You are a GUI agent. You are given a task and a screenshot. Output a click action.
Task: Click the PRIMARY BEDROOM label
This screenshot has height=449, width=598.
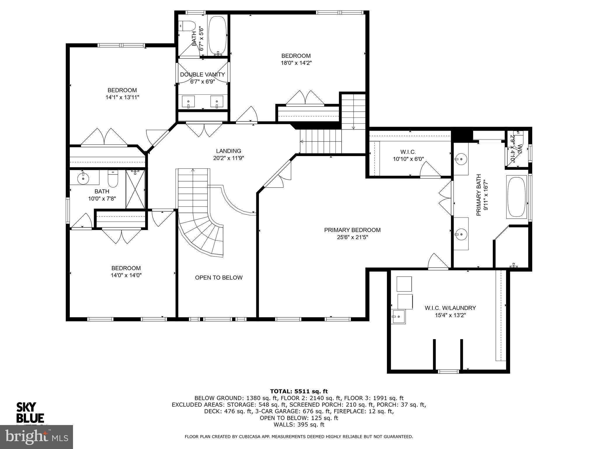[352, 230]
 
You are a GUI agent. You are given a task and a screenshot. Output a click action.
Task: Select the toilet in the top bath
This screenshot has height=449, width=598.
[187, 26]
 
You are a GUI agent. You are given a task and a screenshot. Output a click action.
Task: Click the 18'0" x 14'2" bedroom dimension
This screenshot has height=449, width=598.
[296, 63]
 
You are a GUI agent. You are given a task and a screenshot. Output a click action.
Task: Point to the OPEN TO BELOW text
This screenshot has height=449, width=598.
[219, 278]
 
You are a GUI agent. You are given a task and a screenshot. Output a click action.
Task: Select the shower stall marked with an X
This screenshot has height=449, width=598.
[135, 189]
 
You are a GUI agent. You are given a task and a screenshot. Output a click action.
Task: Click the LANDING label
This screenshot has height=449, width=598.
[228, 151]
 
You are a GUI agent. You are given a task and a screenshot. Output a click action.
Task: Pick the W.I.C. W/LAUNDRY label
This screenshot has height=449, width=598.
[450, 308]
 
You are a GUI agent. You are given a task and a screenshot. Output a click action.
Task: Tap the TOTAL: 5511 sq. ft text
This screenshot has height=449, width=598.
[299, 391]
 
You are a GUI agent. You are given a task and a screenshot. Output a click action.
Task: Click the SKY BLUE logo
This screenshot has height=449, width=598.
[30, 412]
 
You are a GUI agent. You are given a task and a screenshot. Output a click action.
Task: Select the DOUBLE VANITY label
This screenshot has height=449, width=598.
[202, 75]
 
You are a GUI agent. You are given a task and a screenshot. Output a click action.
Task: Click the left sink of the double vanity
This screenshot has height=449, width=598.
[188, 101]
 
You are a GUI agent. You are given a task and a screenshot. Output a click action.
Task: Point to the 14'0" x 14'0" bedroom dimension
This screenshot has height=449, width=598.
[126, 275]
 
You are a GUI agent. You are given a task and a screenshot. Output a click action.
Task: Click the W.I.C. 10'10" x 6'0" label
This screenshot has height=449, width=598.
[408, 156]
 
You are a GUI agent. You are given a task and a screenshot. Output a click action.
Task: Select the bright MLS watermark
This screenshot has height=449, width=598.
[36, 437]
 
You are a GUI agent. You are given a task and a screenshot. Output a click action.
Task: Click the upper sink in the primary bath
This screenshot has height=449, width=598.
[461, 159]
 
